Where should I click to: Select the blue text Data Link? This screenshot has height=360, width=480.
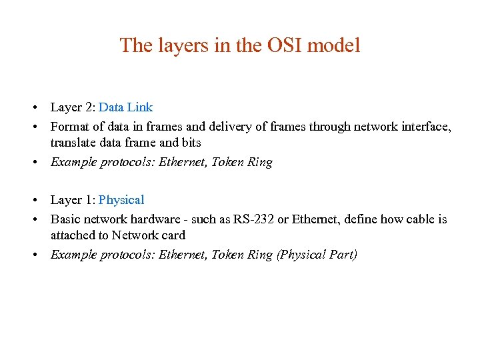(x=125, y=107)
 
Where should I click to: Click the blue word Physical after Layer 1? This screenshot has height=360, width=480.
(x=121, y=199)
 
